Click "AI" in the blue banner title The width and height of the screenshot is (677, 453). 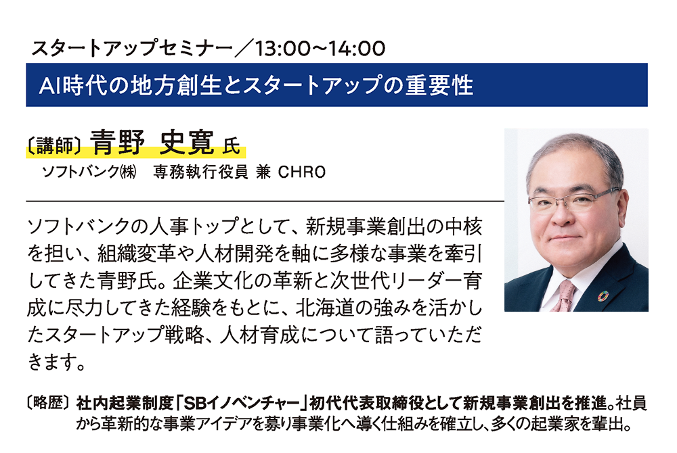pyautogui.click(x=50, y=85)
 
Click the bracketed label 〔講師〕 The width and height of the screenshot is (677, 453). pyautogui.click(x=55, y=145)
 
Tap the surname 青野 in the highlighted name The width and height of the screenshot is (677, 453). pyautogui.click(x=117, y=142)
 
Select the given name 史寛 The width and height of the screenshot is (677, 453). pyautogui.click(x=187, y=142)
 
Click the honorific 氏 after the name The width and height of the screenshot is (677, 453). pyautogui.click(x=231, y=145)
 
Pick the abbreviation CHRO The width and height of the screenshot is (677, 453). pyautogui.click(x=302, y=172)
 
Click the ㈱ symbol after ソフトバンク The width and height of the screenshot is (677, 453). pyautogui.click(x=128, y=172)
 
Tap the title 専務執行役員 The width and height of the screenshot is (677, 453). pyautogui.click(x=201, y=172)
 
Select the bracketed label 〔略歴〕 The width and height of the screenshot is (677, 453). pyautogui.click(x=48, y=402)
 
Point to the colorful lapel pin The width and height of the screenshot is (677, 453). pyautogui.click(x=603, y=295)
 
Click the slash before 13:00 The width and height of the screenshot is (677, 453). pyautogui.click(x=244, y=48)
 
